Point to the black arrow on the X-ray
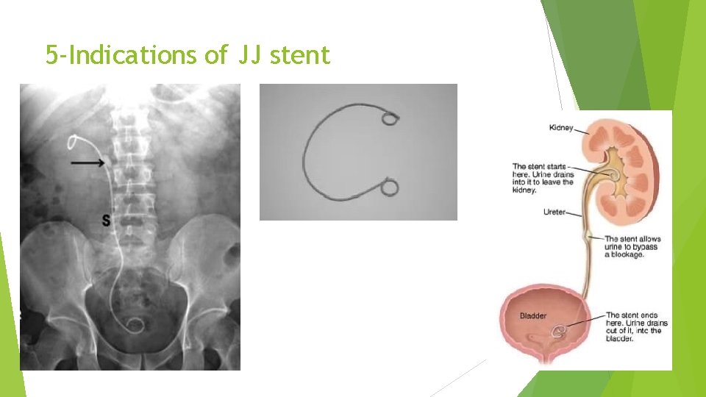click(89, 162)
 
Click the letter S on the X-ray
click(107, 218)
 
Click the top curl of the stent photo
click(391, 118)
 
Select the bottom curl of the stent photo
click(390, 188)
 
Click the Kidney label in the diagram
click(562, 127)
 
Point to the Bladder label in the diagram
click(533, 316)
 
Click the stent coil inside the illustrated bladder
click(561, 332)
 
